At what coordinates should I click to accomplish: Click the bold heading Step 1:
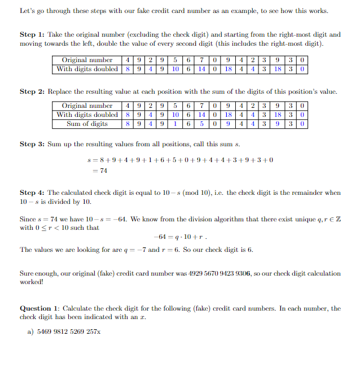click(x=35, y=35)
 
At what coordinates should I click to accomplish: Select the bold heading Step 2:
click(x=35, y=91)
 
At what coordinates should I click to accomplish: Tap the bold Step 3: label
click(x=35, y=144)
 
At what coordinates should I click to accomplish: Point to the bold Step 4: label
click(x=35, y=193)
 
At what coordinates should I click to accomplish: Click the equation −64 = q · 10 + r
click(x=179, y=237)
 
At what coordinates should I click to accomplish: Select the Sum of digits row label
click(x=87, y=124)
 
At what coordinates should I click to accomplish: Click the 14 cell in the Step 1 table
click(x=201, y=69)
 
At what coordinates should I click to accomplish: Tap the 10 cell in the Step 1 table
click(x=175, y=69)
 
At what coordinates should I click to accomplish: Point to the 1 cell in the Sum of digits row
click(x=175, y=124)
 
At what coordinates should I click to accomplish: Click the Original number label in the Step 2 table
click(x=87, y=106)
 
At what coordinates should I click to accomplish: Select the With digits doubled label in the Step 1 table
click(x=87, y=69)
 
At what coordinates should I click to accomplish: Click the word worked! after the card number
click(x=32, y=282)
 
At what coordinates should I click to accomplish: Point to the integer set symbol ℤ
click(x=337, y=219)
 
